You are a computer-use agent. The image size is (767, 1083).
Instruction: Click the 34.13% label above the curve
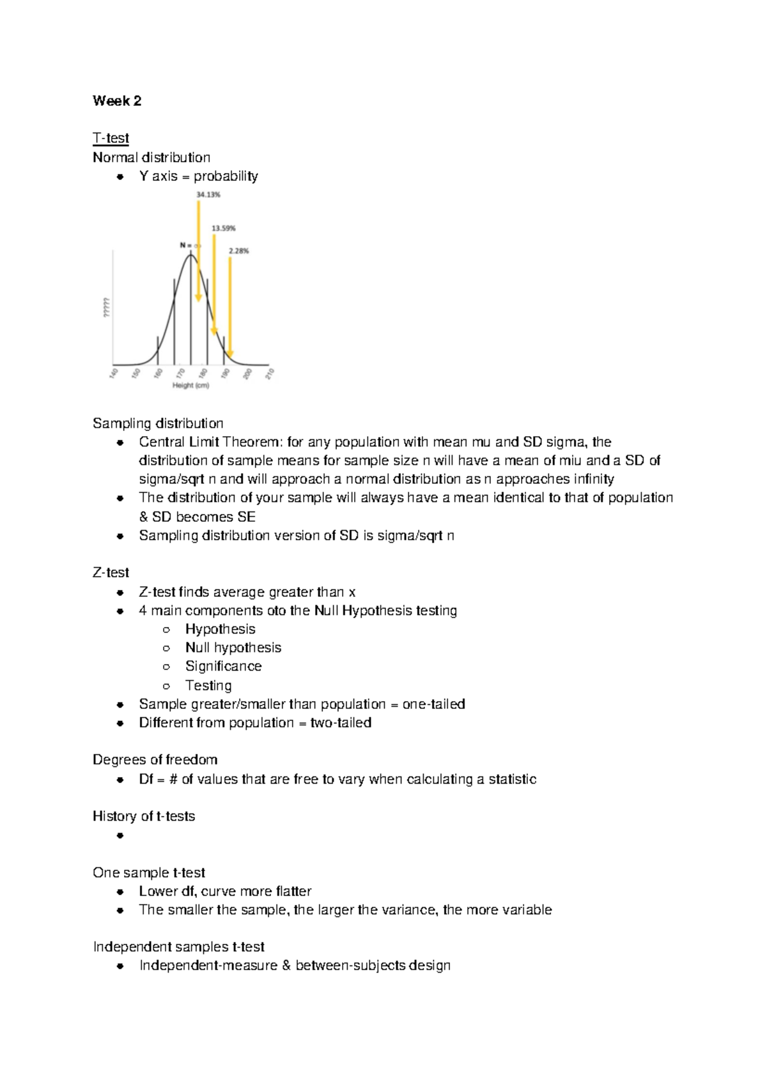tap(208, 195)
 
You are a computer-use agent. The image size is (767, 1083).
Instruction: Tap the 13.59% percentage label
tap(224, 228)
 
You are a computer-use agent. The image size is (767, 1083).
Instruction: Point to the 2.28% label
tap(238, 251)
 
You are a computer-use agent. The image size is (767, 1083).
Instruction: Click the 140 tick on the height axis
tap(114, 373)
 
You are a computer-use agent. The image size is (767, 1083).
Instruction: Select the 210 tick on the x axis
tap(270, 373)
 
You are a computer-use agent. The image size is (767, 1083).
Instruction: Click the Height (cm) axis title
tap(190, 385)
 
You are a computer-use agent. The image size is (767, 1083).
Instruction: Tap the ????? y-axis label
tap(106, 308)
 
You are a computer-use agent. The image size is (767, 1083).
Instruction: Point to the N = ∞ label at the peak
tap(190, 245)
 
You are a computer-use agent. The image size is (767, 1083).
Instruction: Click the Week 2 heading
tap(117, 101)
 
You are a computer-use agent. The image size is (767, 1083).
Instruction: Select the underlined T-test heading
tap(111, 138)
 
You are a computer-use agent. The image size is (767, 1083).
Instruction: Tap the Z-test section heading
tap(111, 572)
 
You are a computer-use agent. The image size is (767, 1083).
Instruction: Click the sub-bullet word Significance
tap(223, 666)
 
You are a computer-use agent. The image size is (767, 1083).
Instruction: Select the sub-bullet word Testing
tap(208, 685)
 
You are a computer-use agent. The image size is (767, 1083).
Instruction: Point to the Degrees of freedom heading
tap(155, 759)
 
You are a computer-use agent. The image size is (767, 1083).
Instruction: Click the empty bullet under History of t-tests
tap(120, 835)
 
